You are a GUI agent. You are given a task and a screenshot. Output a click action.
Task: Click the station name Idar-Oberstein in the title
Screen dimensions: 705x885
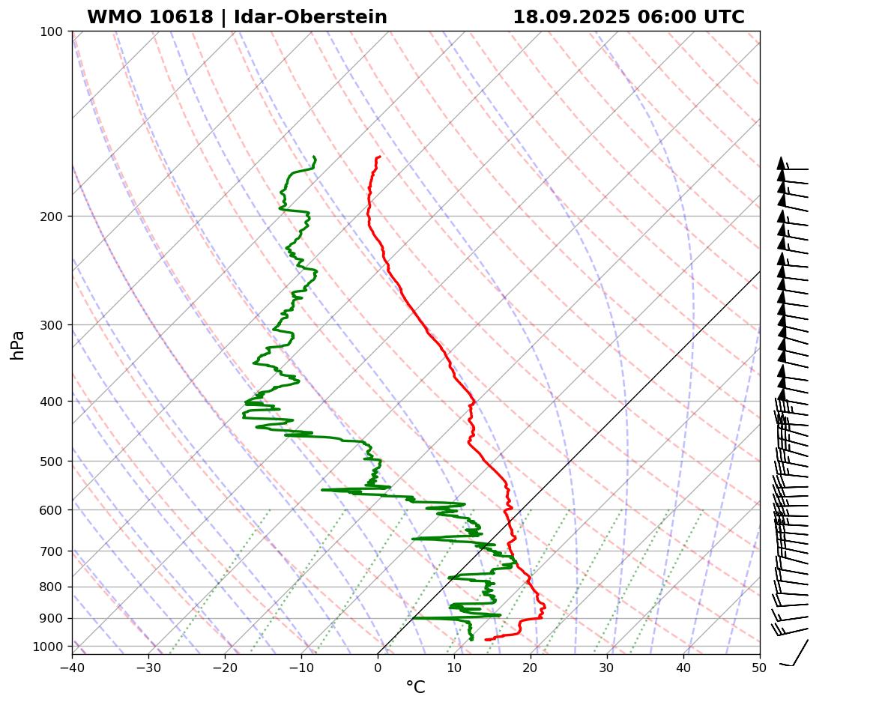tap(310, 17)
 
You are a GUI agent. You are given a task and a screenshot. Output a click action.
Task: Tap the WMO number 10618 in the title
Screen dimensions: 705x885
tap(182, 17)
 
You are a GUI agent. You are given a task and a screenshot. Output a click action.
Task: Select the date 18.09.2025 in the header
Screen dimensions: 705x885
tap(572, 17)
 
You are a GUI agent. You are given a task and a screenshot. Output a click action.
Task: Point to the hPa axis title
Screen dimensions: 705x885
tap(17, 345)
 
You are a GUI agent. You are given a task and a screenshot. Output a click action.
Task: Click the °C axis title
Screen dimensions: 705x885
tap(415, 687)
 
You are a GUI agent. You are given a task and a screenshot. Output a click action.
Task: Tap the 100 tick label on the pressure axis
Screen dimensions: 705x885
tap(52, 31)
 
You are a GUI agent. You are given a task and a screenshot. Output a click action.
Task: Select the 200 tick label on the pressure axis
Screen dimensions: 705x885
tap(52, 217)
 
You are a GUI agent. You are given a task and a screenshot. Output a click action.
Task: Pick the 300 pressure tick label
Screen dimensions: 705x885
tap(52, 324)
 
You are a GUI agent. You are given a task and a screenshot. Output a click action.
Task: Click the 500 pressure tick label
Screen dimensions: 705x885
tap(52, 461)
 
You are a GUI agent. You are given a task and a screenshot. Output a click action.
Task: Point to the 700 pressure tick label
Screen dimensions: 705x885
tap(52, 551)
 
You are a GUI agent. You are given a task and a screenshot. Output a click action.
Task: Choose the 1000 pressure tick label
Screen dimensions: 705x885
tap(49, 647)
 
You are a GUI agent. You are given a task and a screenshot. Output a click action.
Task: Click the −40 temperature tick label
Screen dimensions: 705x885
tap(72, 667)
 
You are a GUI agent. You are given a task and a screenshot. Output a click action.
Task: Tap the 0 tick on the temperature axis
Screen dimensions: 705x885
tap(378, 667)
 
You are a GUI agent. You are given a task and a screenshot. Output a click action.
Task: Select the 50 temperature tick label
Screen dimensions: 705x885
tap(760, 667)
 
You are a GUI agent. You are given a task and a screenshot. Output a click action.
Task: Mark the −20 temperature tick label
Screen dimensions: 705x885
tap(225, 667)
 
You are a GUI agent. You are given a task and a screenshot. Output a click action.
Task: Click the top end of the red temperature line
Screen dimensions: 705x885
tap(380, 157)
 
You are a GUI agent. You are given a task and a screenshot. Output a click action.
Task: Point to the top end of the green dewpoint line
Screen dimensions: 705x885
tap(313, 157)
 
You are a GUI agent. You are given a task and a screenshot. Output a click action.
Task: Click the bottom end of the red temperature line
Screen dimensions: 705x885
tap(486, 639)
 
